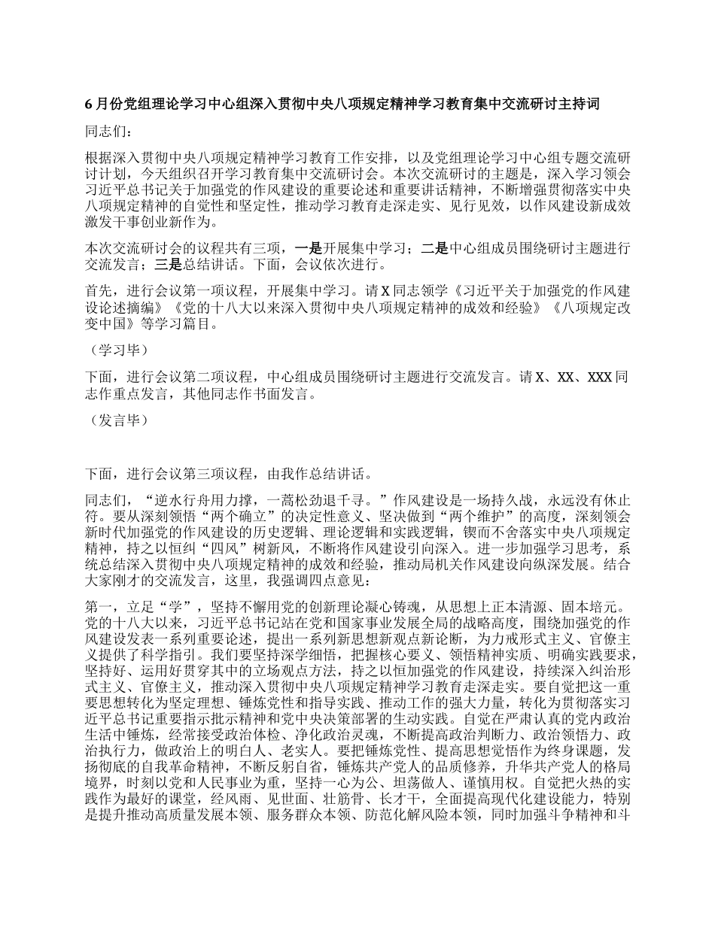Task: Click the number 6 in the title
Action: [x=88, y=105]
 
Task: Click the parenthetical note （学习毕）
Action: [x=115, y=350]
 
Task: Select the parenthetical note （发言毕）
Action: [x=115, y=420]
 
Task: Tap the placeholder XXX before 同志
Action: [x=598, y=377]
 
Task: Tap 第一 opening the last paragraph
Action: [x=98, y=607]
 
